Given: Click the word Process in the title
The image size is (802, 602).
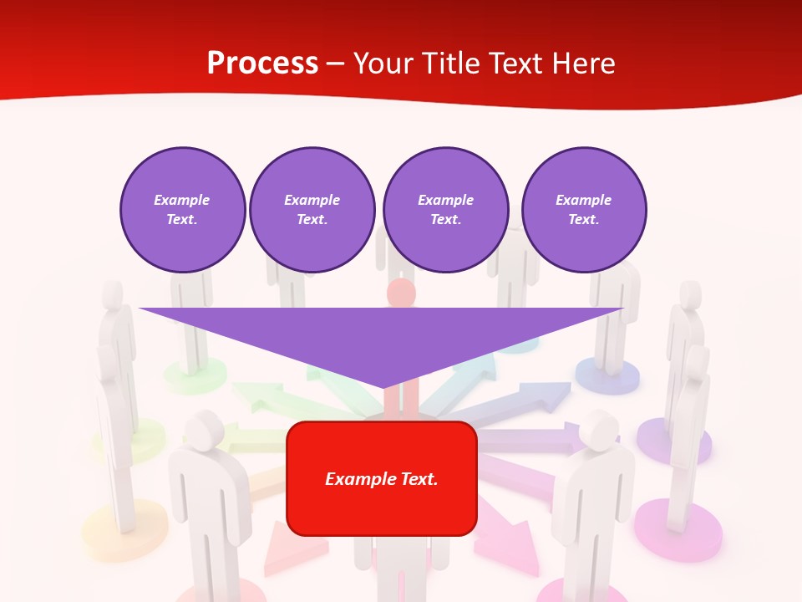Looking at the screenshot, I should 262,64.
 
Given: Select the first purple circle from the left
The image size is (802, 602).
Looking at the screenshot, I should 182,210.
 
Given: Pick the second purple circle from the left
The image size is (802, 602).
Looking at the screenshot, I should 312,210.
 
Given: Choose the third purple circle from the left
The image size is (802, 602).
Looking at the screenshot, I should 445,210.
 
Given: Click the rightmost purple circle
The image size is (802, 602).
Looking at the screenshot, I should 583,210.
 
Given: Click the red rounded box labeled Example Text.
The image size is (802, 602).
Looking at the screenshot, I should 381,478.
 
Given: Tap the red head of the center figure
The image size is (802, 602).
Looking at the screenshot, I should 402,293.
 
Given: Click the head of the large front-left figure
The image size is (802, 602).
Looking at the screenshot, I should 200,431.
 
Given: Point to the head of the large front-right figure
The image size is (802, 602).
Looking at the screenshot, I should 599,429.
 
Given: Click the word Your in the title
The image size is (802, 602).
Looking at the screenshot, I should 385,64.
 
